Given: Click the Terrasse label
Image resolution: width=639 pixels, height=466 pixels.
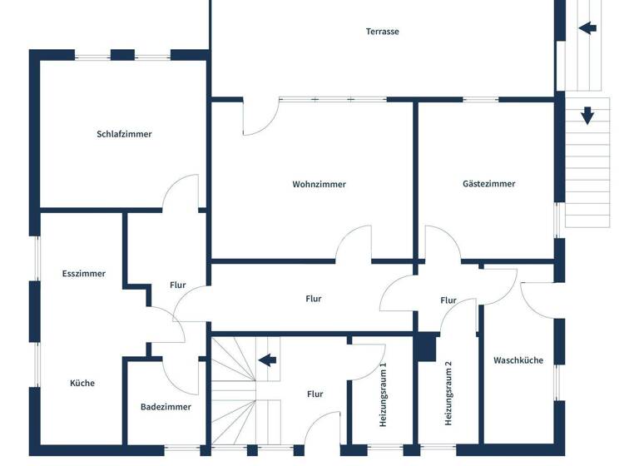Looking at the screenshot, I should pyautogui.click(x=383, y=32).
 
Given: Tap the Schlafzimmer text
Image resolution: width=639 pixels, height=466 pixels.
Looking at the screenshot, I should pyautogui.click(x=124, y=134).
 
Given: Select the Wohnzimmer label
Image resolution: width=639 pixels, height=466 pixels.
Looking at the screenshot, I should pyautogui.click(x=319, y=185).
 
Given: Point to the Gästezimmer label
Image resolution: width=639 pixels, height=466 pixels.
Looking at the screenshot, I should pyautogui.click(x=488, y=184).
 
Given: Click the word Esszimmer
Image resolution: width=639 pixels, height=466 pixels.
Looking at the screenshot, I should pyautogui.click(x=83, y=274).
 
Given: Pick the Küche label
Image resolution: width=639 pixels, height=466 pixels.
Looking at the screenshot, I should pyautogui.click(x=82, y=384).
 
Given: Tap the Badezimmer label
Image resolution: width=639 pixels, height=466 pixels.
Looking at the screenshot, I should pyautogui.click(x=166, y=407).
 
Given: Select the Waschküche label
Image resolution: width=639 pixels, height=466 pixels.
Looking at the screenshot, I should pyautogui.click(x=518, y=360).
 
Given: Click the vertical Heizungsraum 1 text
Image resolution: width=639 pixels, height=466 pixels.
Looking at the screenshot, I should pyautogui.click(x=384, y=395).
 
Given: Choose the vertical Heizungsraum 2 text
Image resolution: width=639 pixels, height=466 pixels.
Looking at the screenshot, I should pyautogui.click(x=448, y=394).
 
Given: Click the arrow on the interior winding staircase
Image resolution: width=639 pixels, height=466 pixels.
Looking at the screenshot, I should pyautogui.click(x=267, y=360).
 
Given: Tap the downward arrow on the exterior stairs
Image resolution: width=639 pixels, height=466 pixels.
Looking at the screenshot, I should pyautogui.click(x=587, y=116).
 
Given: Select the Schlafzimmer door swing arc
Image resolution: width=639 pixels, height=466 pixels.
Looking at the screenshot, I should pyautogui.click(x=181, y=191).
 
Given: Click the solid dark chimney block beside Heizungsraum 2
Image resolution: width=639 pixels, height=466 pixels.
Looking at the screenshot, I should pyautogui.click(x=426, y=347).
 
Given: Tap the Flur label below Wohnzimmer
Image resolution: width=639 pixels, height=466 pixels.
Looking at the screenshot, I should pyautogui.click(x=313, y=299).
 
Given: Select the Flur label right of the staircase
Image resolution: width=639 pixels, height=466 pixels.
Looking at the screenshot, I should pyautogui.click(x=315, y=394).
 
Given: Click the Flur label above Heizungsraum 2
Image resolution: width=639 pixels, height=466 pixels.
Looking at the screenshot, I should pyautogui.click(x=448, y=300).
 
